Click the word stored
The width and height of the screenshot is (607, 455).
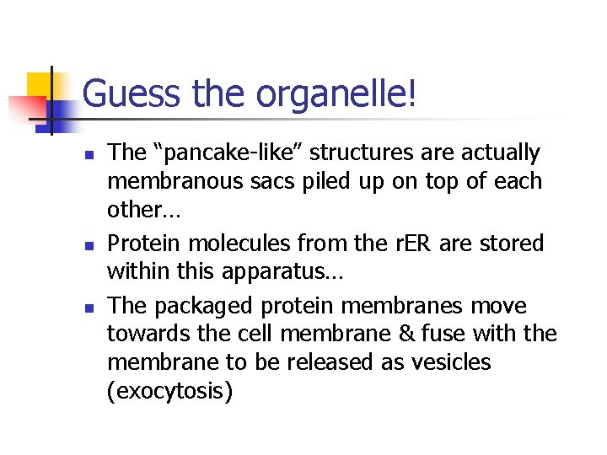[x=513, y=244]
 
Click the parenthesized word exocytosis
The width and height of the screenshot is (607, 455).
[x=169, y=391]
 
